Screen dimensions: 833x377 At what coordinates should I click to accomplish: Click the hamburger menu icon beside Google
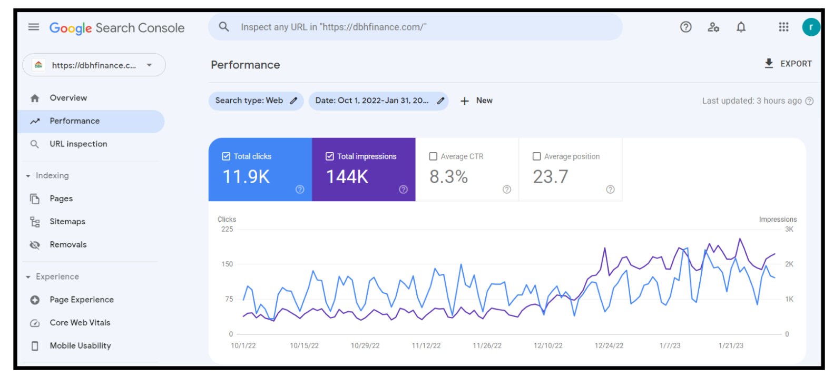34,27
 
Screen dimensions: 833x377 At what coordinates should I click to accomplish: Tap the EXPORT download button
788,64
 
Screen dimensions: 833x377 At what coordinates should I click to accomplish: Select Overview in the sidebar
68,98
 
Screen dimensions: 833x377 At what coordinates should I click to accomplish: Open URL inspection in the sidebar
78,144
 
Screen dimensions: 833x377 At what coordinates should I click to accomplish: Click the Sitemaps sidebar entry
67,222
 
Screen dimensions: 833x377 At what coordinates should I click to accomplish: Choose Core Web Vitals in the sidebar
80,323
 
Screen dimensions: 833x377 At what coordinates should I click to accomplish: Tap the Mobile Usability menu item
80,346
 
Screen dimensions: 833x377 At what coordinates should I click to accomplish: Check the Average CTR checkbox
433,156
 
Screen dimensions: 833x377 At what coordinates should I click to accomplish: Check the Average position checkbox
536,156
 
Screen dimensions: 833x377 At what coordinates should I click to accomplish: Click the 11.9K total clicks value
246,176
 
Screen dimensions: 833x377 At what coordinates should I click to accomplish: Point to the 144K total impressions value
347,176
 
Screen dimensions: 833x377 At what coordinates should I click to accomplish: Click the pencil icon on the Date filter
440,101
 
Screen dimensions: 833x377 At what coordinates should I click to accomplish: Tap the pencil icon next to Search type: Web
294,101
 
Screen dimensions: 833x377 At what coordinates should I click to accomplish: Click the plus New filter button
476,101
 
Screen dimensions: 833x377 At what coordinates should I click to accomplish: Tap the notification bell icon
741,27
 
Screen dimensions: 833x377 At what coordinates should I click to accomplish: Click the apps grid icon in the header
783,27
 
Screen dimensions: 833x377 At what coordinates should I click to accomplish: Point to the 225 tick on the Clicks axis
227,230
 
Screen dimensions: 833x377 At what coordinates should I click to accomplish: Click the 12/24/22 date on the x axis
609,346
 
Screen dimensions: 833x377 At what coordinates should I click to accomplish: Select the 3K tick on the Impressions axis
789,230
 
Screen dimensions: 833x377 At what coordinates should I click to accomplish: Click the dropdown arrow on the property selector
150,65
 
